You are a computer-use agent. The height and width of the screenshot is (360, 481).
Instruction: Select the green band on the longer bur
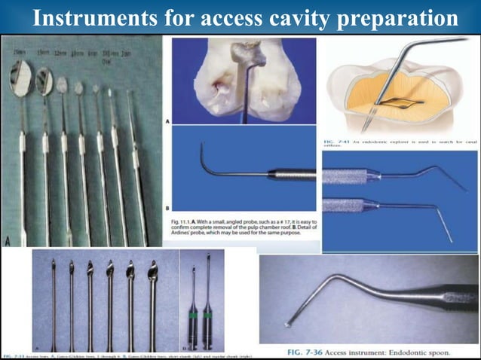coord(209,316)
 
